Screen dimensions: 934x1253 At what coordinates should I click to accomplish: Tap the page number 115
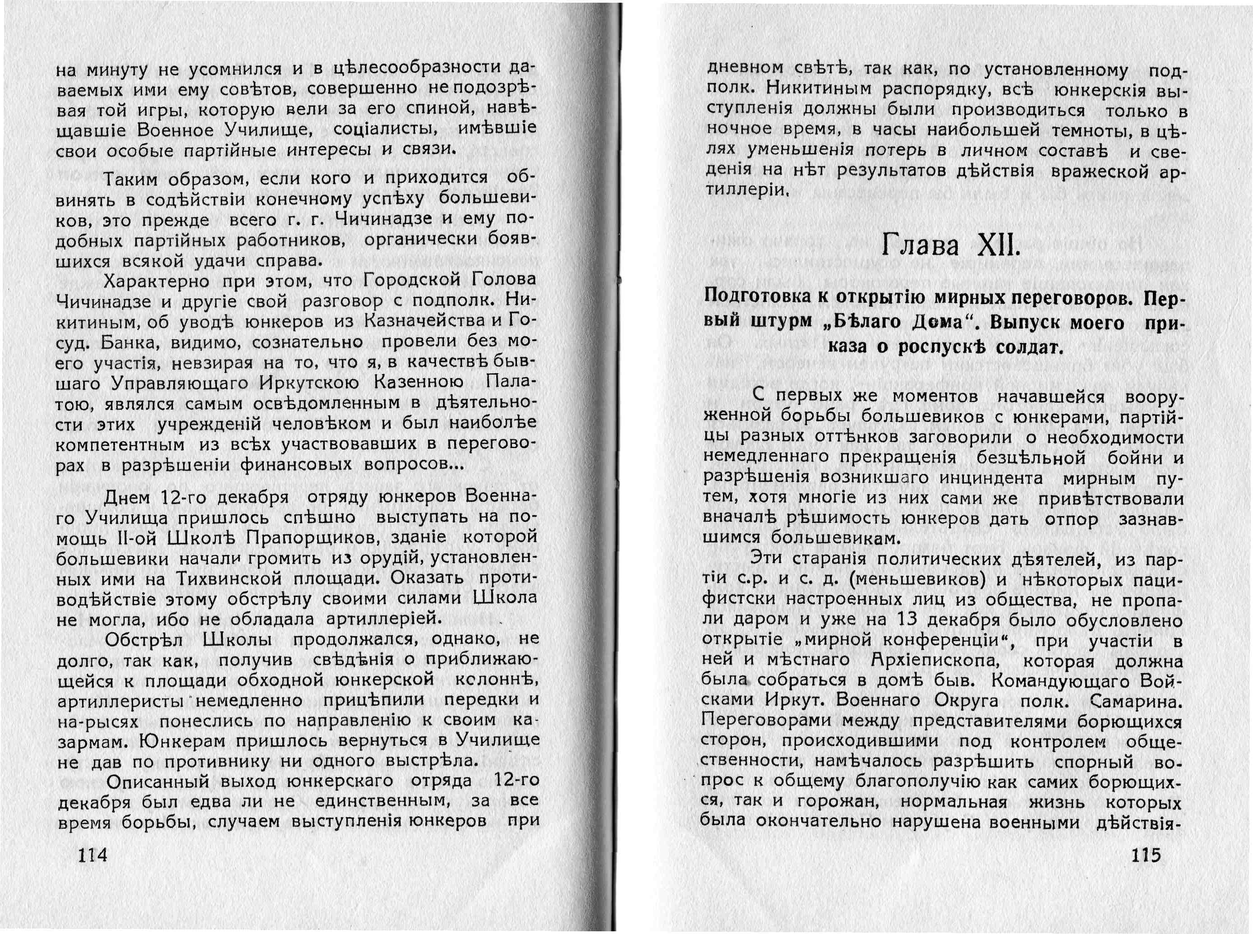tap(1146, 854)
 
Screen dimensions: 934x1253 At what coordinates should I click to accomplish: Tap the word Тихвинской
tap(229, 578)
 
